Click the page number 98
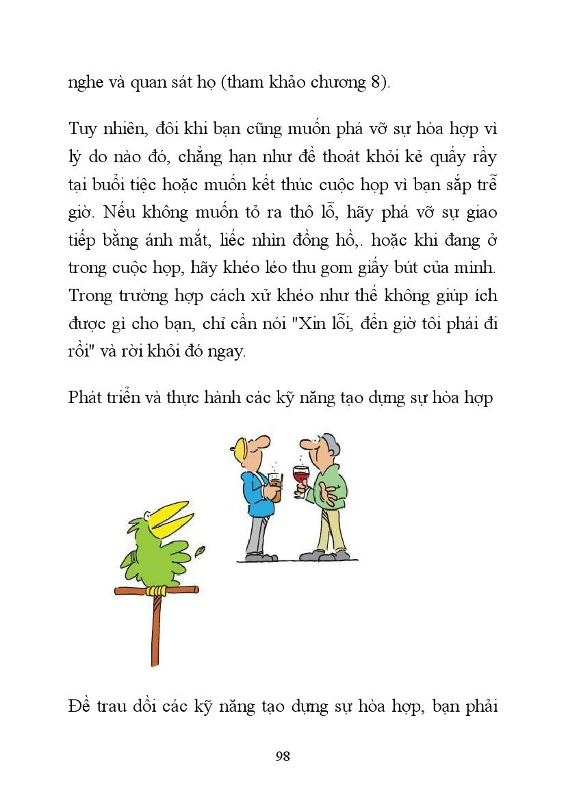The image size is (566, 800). click(x=283, y=756)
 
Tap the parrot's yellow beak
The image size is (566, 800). click(x=167, y=517)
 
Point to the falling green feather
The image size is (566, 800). click(x=201, y=550)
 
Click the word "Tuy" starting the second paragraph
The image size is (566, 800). click(x=83, y=129)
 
